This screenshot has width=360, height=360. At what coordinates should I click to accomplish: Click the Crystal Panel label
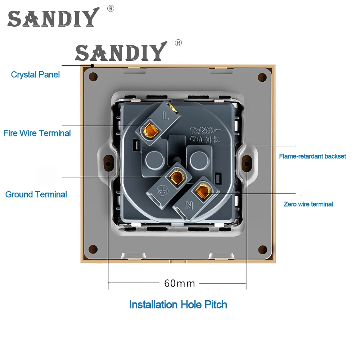coord(35,75)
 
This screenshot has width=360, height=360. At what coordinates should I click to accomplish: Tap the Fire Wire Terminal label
coord(37,133)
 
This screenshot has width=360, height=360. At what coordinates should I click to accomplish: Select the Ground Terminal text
coord(36,194)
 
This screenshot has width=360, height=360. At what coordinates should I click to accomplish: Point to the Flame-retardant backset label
coord(312,156)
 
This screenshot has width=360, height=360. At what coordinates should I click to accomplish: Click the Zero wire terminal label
coord(308,204)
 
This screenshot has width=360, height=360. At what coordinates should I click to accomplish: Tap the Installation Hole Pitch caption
coord(178,305)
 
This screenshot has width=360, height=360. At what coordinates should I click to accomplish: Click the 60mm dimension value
coord(179,283)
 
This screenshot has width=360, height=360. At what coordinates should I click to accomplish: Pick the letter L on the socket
coord(166,116)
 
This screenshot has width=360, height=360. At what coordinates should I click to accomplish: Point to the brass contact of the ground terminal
coord(176,176)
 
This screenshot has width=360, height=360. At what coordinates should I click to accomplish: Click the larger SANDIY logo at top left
coord(53,18)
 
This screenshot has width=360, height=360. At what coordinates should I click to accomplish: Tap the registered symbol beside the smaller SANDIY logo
coord(178,43)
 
